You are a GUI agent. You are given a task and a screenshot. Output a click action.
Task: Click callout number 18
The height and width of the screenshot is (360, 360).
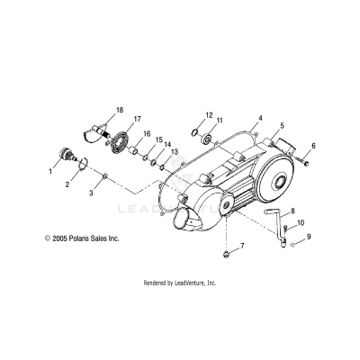coord(119,110)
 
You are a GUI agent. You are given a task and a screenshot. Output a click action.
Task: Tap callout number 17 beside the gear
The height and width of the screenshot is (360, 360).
coord(137,119)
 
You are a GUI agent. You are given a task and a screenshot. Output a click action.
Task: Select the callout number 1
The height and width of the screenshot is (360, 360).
coord(50,169)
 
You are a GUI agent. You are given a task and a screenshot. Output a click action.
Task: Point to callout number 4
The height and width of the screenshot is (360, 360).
coord(234,118)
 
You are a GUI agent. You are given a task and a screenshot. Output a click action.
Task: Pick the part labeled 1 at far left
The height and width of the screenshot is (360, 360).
coord(67,153)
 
